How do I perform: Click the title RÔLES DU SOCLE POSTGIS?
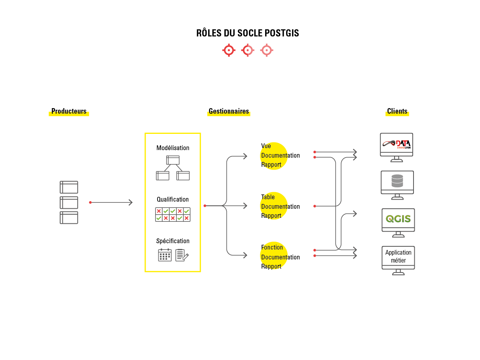tap(247, 33)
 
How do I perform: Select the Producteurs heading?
tap(69, 111)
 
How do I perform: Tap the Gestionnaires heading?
tap(229, 111)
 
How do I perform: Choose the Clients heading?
tap(397, 111)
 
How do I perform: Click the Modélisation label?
tap(173, 148)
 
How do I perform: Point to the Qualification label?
tap(173, 200)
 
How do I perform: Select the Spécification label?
tap(173, 241)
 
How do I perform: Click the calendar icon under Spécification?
tap(165, 255)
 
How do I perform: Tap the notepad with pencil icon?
tap(182, 255)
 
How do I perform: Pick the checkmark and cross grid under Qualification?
tap(173, 214)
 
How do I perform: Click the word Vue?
tap(266, 146)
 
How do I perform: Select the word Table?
tap(268, 197)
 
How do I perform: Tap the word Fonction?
tap(272, 248)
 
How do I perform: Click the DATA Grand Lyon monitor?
tap(397, 145)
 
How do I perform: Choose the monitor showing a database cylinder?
tap(397, 182)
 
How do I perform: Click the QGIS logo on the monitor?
tap(398, 219)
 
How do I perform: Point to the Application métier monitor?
tap(398, 257)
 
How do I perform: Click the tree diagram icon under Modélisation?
tap(173, 168)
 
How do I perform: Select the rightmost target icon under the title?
tap(267, 50)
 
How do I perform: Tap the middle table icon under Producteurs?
tap(69, 202)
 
